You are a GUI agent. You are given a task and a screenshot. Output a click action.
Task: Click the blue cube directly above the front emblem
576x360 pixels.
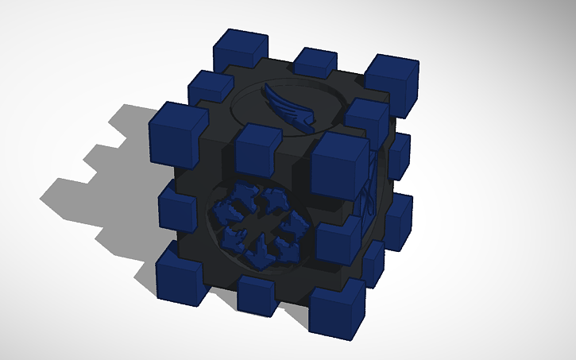pos(257,146)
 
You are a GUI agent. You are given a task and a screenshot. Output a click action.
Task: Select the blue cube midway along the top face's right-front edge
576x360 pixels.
pos(365,119)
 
